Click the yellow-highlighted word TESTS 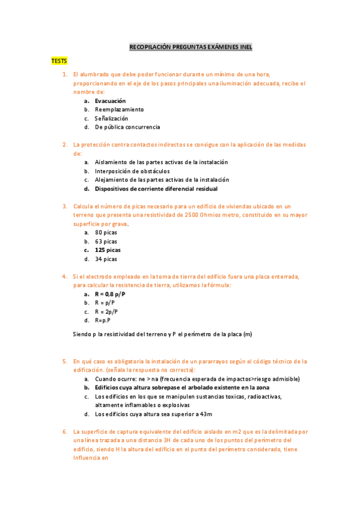coord(59,61)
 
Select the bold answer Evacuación coord(110,101)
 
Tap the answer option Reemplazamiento coord(119,109)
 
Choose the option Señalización coord(111,118)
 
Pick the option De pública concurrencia coord(127,127)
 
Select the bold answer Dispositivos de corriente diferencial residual coord(156,188)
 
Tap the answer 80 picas coord(106,232)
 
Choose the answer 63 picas coord(106,241)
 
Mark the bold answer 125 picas coord(108,250)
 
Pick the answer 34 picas coord(106,259)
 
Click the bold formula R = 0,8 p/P coord(110,294)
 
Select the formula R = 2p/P coord(106,312)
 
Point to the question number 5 coord(64,361)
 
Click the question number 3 coord(64,206)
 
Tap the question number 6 coord(64,432)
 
